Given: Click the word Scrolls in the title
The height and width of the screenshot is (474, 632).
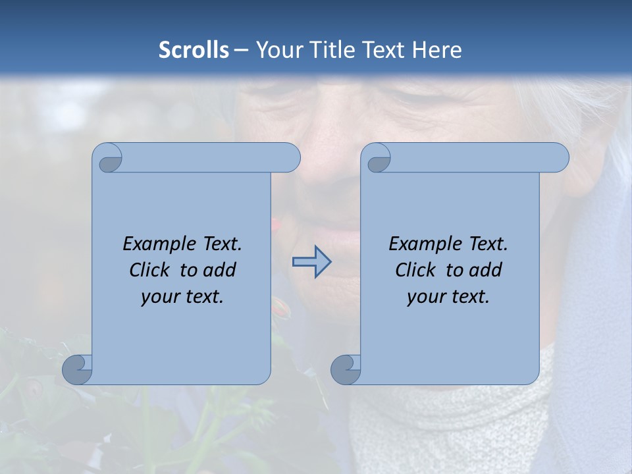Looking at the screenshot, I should (194, 50).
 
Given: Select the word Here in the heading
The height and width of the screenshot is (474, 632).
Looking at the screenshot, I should (437, 50).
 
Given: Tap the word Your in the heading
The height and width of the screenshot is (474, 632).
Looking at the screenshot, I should (276, 50).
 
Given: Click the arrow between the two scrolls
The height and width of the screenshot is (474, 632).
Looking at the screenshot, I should (311, 262).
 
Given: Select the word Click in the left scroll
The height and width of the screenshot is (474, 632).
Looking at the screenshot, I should (150, 271).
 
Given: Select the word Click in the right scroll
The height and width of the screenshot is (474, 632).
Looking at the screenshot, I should (416, 271).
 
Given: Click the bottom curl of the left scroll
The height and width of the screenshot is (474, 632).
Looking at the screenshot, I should (78, 369).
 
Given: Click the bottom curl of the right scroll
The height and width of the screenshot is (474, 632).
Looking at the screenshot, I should (346, 369).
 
